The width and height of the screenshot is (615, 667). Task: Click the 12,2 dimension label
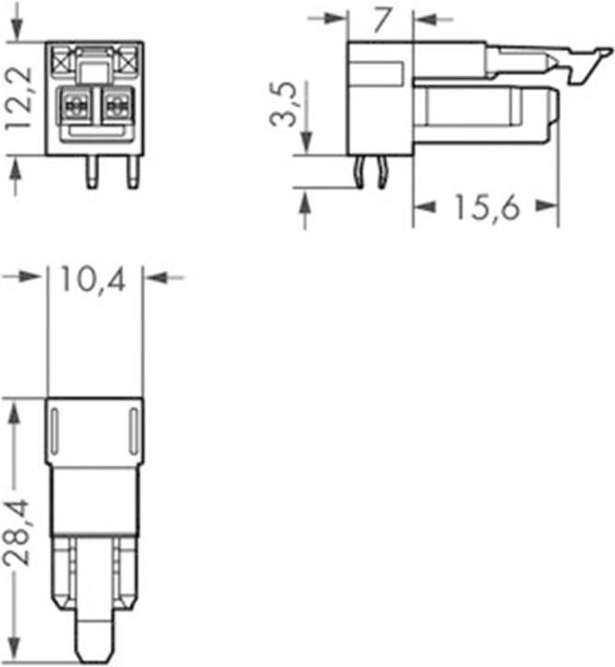coord(19,98)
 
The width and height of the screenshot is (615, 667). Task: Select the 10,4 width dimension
coord(94,280)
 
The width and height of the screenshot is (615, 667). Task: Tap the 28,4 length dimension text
coord(17,532)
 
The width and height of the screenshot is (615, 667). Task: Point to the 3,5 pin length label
coord(283,105)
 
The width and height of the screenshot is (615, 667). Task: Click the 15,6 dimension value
coord(487,208)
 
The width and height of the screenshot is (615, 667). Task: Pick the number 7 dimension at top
coord(382,20)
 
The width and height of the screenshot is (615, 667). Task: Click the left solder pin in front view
coord(92,172)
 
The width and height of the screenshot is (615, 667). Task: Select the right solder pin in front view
coord(133,172)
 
